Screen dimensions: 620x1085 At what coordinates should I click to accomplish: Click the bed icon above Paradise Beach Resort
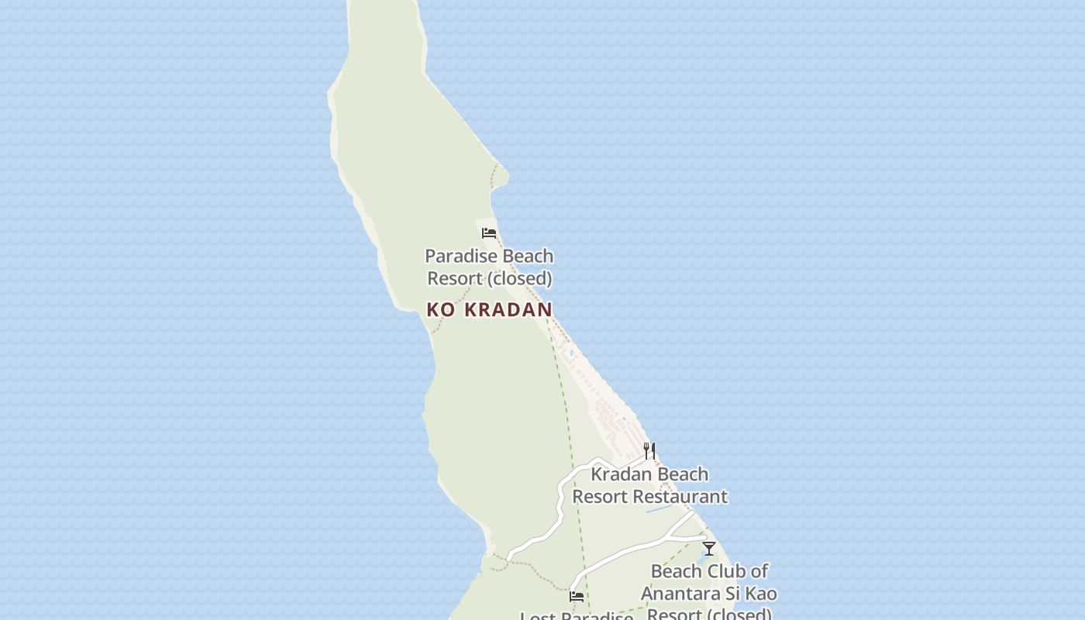[x=489, y=232]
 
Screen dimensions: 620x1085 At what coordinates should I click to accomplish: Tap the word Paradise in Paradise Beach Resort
[x=459, y=256]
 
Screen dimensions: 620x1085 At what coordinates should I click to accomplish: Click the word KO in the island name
[x=441, y=310]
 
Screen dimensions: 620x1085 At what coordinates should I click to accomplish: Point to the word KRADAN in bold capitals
[x=508, y=310]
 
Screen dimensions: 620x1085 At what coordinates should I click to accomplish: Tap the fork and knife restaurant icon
[x=649, y=450]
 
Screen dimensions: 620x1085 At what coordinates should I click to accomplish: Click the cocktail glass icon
[x=709, y=549]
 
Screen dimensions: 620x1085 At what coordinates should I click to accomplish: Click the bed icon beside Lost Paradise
[x=577, y=597]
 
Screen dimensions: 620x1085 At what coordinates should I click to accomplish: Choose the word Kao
[x=760, y=594]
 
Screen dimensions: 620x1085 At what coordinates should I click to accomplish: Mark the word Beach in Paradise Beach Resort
[x=526, y=256]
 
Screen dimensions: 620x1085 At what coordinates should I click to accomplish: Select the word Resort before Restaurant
[x=598, y=497]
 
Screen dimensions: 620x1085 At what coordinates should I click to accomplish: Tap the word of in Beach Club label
[x=759, y=572]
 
